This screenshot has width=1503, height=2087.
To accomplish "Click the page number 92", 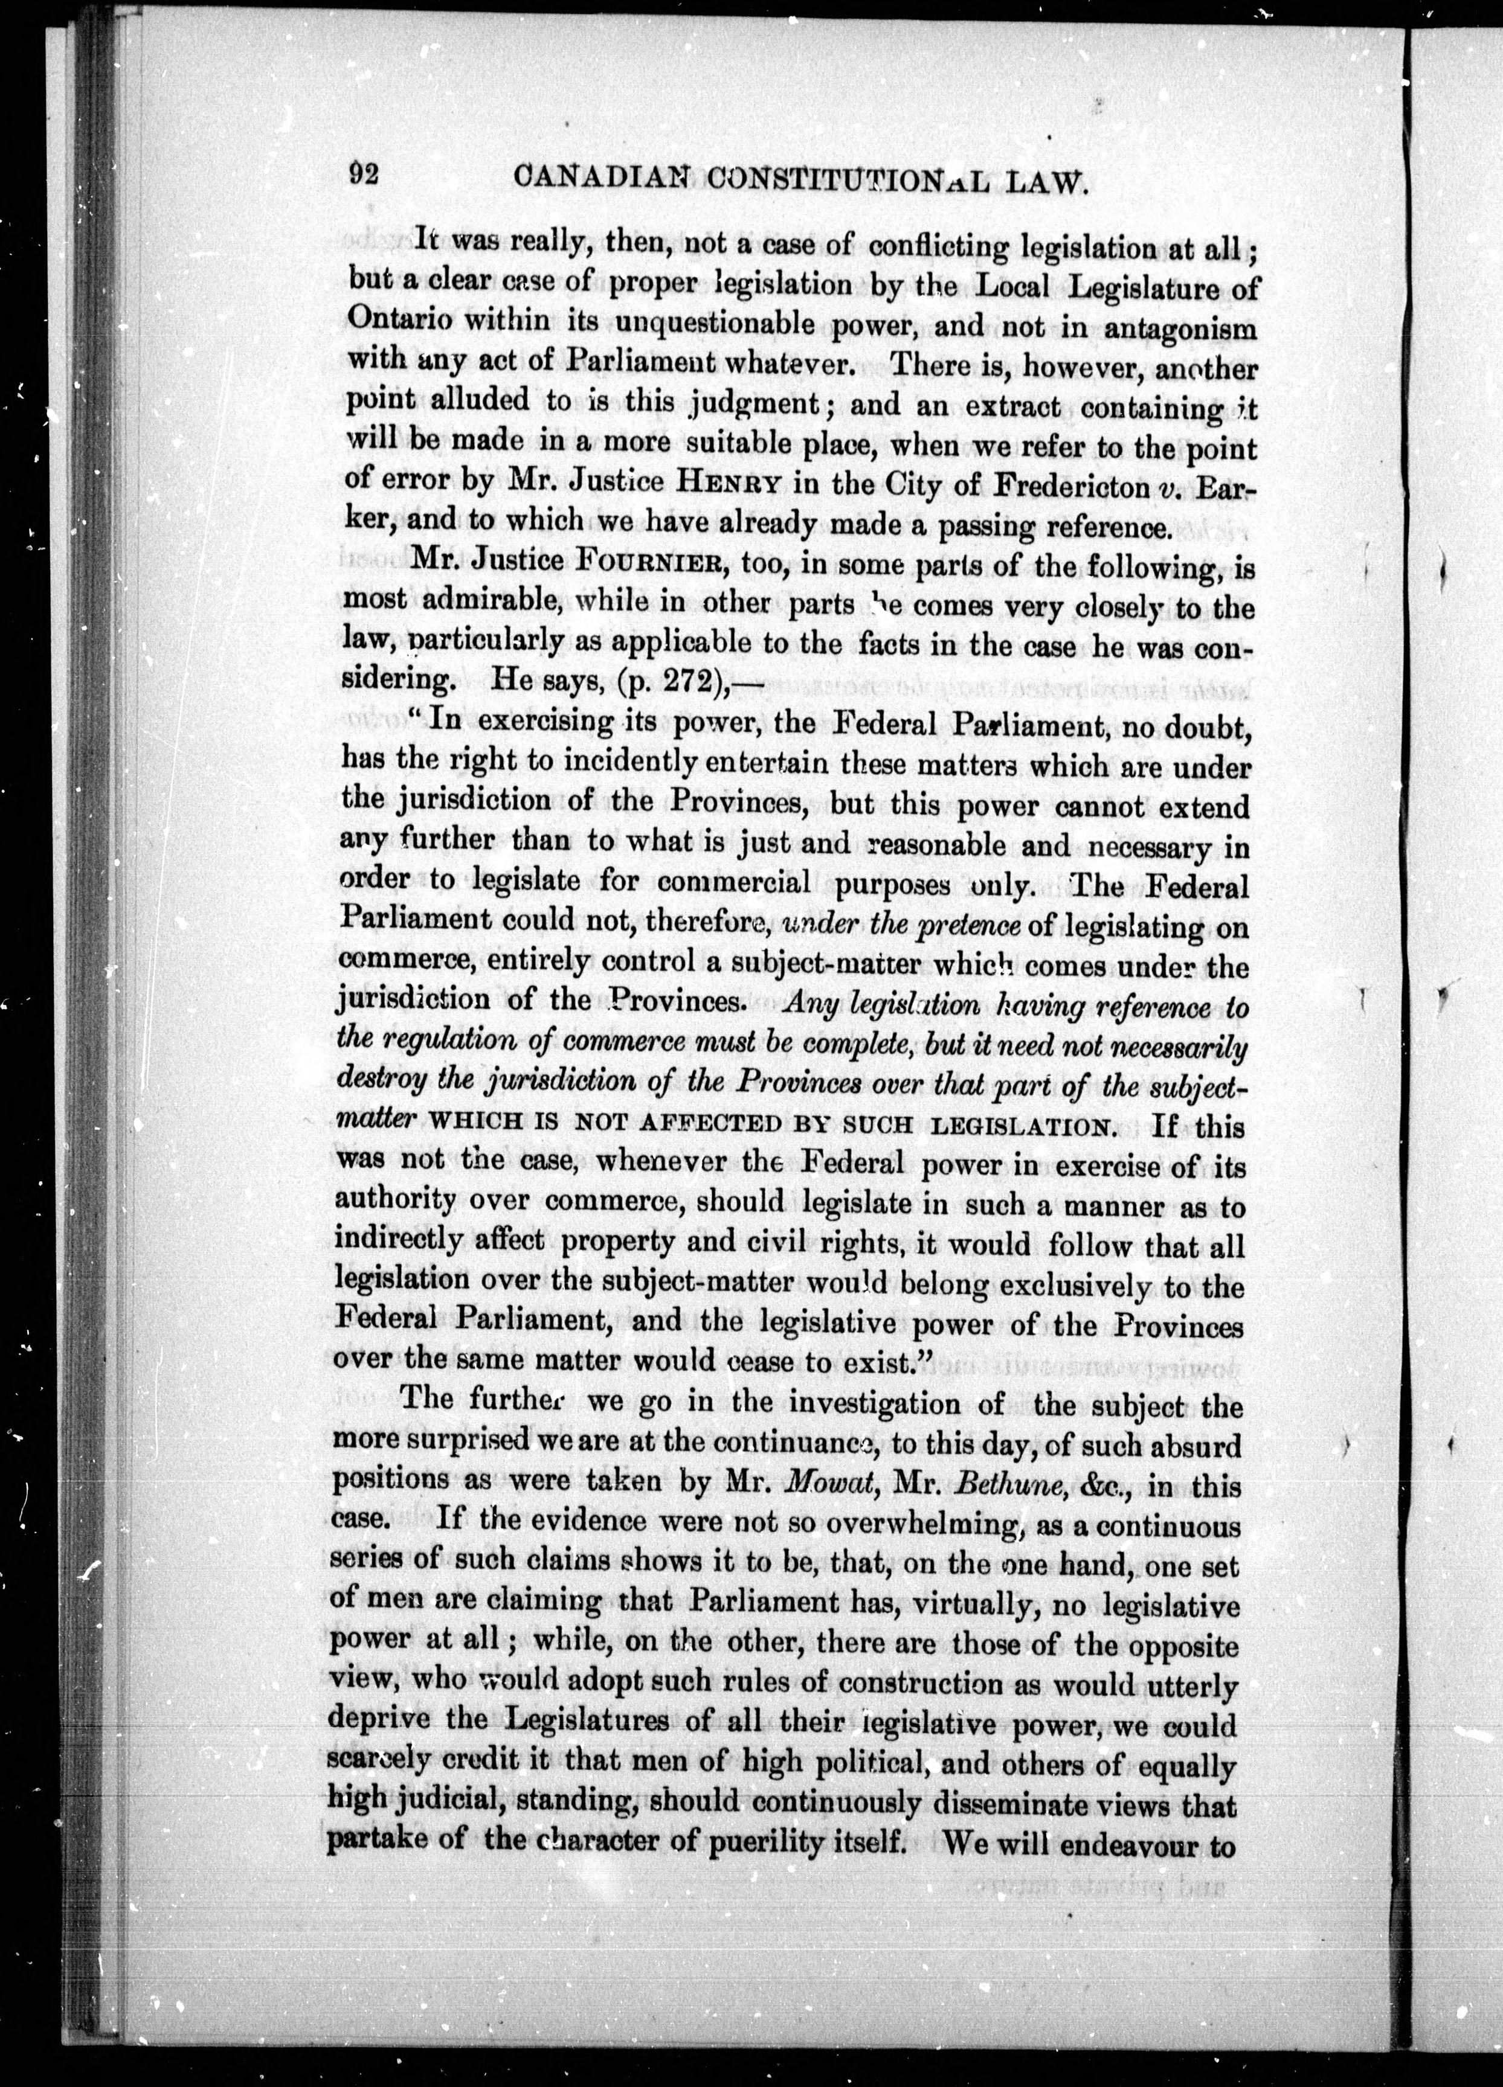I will pos(364,173).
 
